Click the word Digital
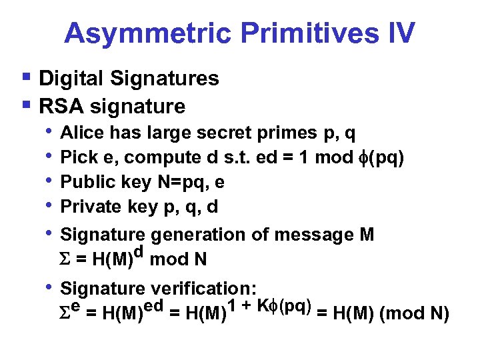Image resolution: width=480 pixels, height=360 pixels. coord(71,79)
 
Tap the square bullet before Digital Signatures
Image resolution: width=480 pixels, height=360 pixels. coord(26,77)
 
